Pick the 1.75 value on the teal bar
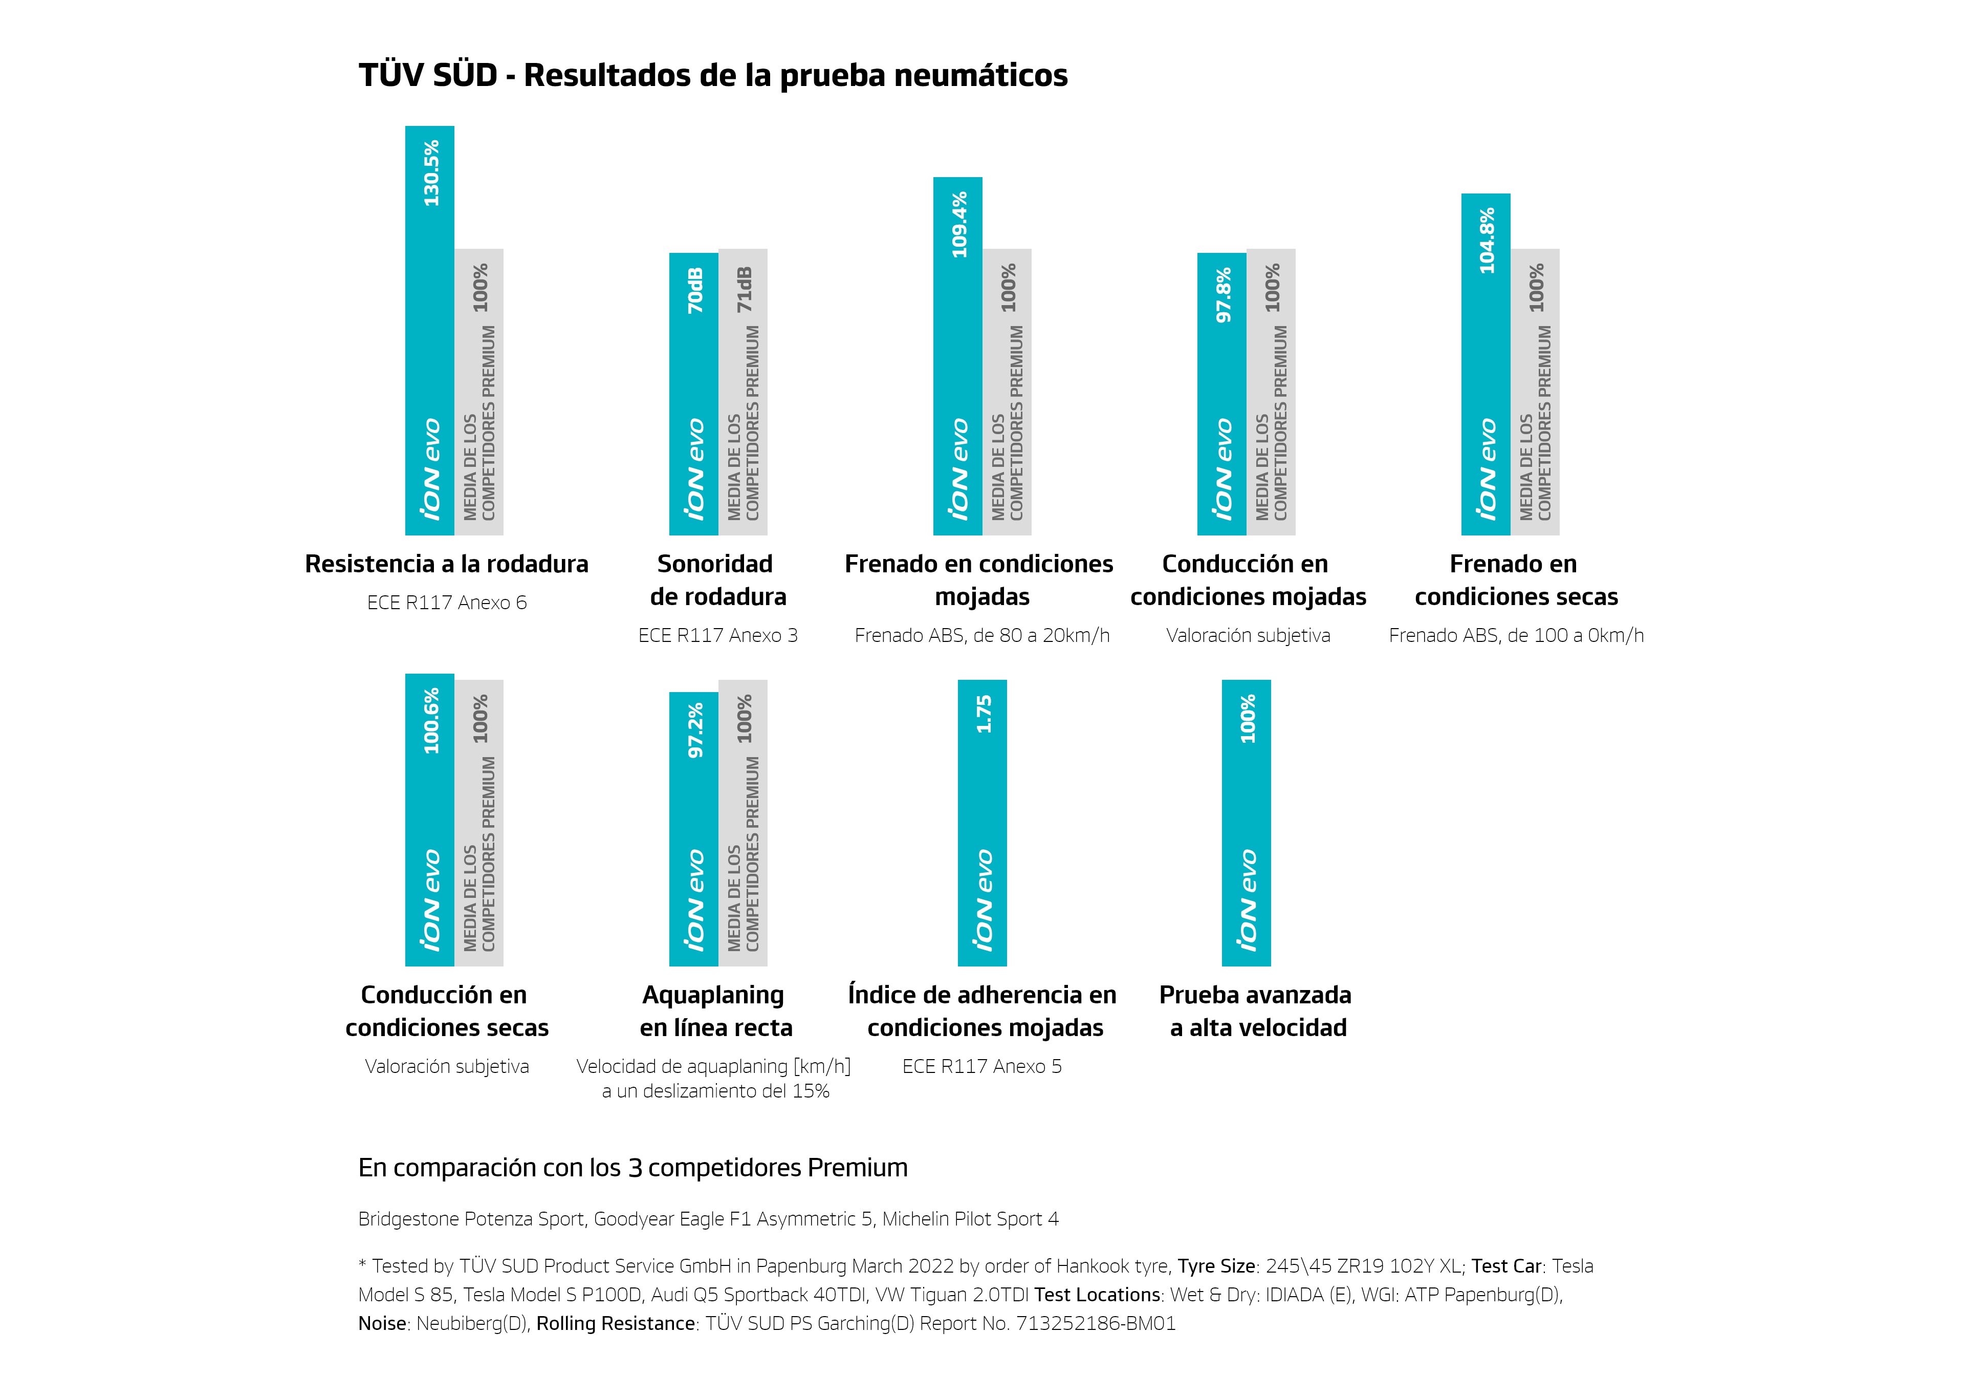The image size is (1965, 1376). point(984,714)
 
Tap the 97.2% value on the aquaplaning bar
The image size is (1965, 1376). point(695,730)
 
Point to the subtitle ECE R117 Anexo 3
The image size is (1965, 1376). point(717,635)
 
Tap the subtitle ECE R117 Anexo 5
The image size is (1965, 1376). point(981,1066)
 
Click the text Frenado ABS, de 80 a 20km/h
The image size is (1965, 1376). point(981,635)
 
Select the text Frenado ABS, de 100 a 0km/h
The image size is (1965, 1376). point(1516,635)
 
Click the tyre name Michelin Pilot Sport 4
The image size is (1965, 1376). point(971,1218)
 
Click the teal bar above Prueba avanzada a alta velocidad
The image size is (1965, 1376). point(1246,822)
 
